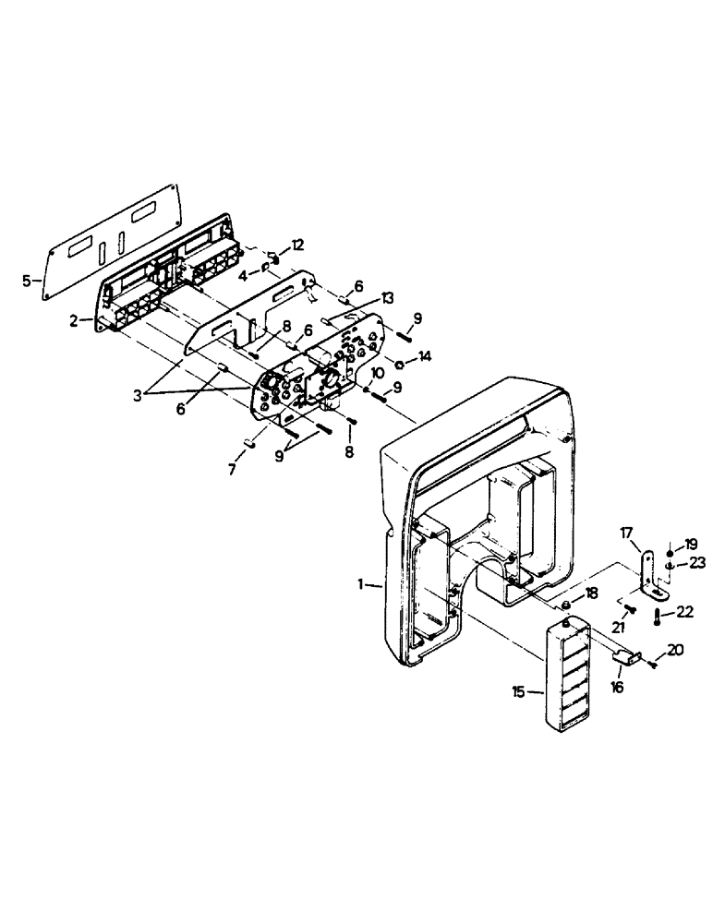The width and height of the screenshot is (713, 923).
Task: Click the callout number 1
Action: click(x=365, y=584)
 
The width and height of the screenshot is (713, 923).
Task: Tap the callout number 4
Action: click(x=241, y=274)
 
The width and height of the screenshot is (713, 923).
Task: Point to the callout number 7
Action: click(x=232, y=469)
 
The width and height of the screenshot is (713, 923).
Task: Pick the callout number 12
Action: click(x=297, y=245)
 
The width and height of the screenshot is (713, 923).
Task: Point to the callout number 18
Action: click(x=590, y=592)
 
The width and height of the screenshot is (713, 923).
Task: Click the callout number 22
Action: click(x=684, y=611)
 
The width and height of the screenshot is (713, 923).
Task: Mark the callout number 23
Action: click(x=695, y=562)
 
